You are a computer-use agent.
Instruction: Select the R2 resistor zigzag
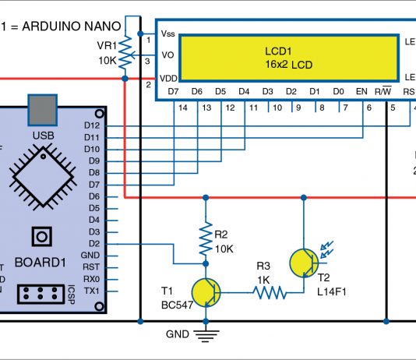(x=205, y=241)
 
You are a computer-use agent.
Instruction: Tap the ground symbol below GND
(x=205, y=336)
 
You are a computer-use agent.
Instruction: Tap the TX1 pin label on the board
(x=91, y=291)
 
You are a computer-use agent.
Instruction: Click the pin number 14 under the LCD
(x=182, y=108)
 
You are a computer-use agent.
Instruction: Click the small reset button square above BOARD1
(x=41, y=235)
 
